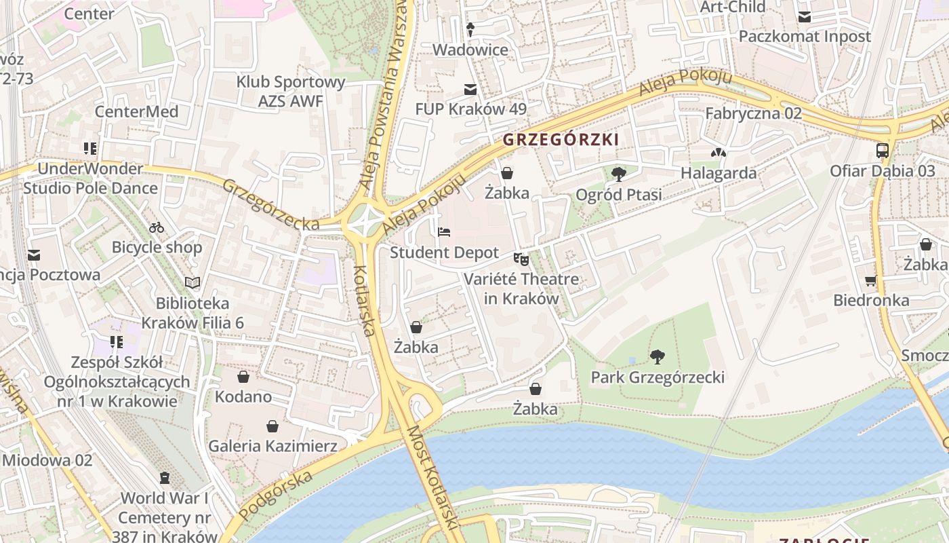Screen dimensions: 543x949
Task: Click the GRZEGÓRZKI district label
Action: [561, 140]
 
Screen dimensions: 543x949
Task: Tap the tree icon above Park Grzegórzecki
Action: [657, 357]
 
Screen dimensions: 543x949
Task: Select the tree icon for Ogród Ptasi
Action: [618, 174]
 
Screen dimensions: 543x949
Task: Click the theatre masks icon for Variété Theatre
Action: [521, 259]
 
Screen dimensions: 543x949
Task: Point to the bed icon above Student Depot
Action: [444, 232]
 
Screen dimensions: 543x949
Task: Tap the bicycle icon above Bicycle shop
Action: [157, 227]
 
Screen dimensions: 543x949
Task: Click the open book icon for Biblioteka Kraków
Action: [193, 282]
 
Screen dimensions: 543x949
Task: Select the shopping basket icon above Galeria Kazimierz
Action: [272, 426]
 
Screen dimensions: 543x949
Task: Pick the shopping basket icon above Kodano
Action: [243, 377]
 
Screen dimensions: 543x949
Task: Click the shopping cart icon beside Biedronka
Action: [871, 280]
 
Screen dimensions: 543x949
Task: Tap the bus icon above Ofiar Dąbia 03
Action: [883, 151]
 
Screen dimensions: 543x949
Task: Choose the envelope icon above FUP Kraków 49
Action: [470, 89]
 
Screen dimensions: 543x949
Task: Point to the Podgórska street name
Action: [276, 495]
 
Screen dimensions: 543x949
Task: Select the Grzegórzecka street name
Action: [270, 204]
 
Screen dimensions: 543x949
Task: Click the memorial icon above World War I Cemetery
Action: [165, 478]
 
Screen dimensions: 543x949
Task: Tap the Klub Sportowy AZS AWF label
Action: [291, 92]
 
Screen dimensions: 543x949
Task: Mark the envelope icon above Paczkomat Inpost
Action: [804, 16]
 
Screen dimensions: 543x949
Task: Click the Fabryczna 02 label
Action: [753, 113]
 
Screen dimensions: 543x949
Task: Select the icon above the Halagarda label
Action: [719, 153]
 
